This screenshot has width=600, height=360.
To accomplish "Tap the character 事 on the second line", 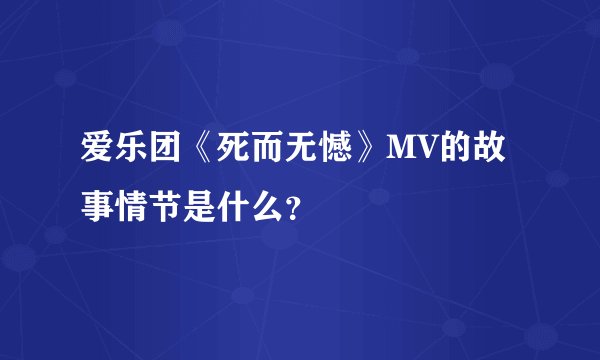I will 97,210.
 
